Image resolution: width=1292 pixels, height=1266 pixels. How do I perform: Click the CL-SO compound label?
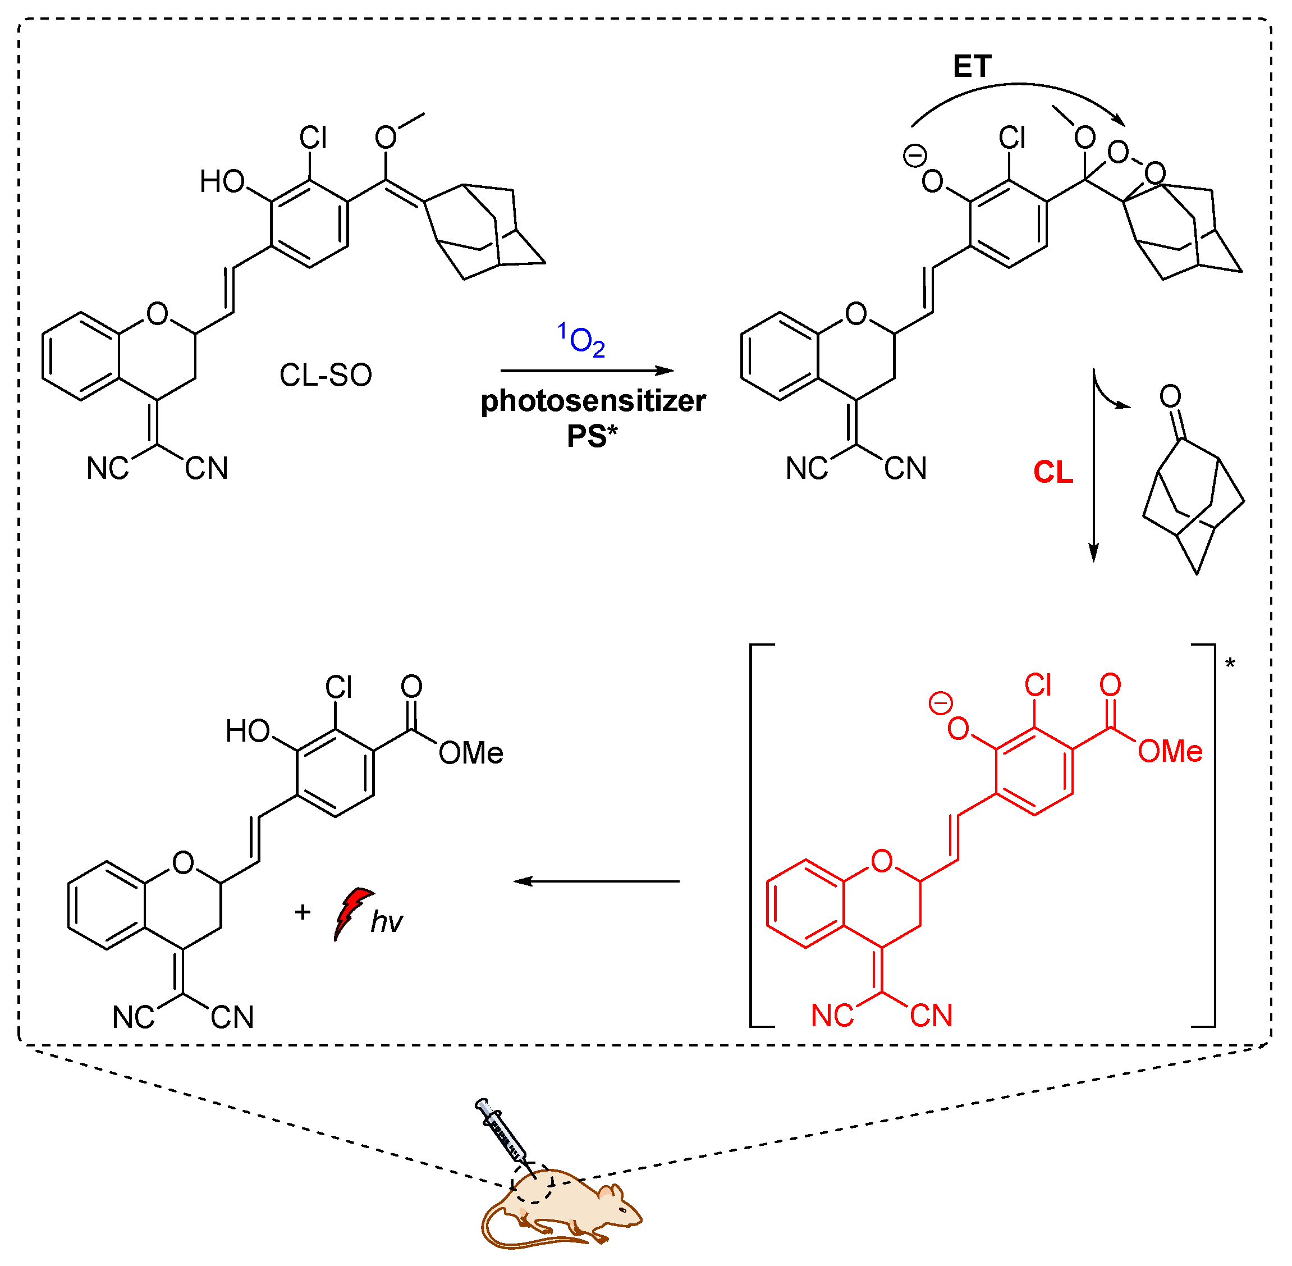click(x=325, y=376)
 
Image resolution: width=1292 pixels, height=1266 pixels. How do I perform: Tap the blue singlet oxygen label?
click(x=581, y=340)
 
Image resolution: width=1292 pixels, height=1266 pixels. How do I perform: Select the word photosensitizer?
click(x=593, y=401)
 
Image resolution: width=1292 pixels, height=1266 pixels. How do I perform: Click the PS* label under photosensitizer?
click(x=592, y=436)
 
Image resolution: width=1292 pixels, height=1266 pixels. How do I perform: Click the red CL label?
click(x=1053, y=473)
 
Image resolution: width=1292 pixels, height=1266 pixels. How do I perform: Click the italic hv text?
click(x=387, y=922)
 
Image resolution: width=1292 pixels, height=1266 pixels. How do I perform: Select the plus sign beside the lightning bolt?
click(x=303, y=912)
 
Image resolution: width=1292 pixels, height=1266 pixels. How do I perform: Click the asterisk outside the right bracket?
click(x=1230, y=664)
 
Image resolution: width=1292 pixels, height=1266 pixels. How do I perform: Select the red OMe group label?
click(x=1170, y=752)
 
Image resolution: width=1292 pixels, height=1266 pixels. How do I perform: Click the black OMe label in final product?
click(x=470, y=753)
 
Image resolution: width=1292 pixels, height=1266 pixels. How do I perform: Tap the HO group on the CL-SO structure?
click(x=223, y=181)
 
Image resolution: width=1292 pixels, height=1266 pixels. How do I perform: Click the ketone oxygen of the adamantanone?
click(x=1170, y=396)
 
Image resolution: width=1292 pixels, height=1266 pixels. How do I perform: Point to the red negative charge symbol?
click(x=941, y=703)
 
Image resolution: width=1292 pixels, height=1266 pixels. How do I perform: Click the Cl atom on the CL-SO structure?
click(x=313, y=138)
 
